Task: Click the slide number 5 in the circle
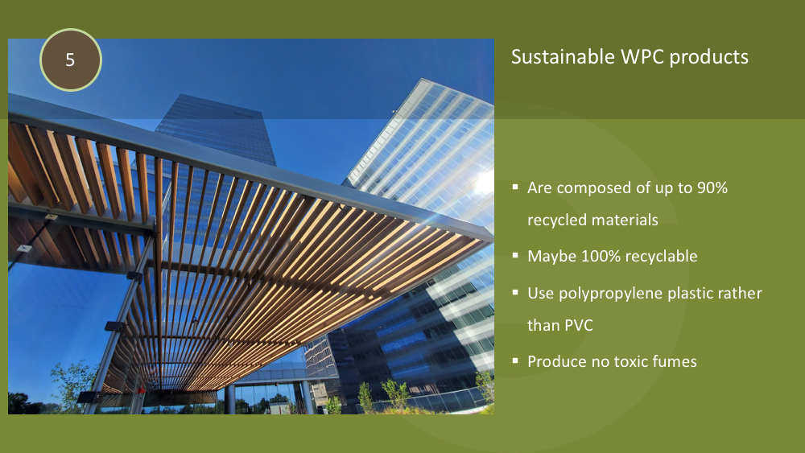(70, 60)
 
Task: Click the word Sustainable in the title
(563, 56)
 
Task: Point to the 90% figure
(712, 187)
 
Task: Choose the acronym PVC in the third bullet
(579, 325)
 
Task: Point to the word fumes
(675, 362)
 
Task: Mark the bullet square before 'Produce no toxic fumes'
(515, 360)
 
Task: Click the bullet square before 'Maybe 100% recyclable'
(515, 255)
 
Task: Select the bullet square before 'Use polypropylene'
(515, 292)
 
